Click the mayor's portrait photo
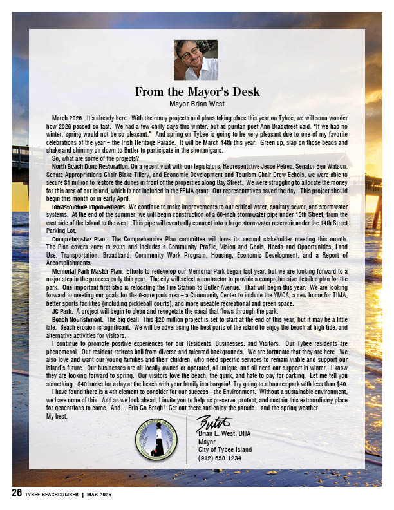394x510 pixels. (x=196, y=60)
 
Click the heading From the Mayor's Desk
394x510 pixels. (x=196, y=91)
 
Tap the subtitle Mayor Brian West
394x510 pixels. (x=196, y=103)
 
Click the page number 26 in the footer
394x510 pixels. (x=16, y=493)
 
